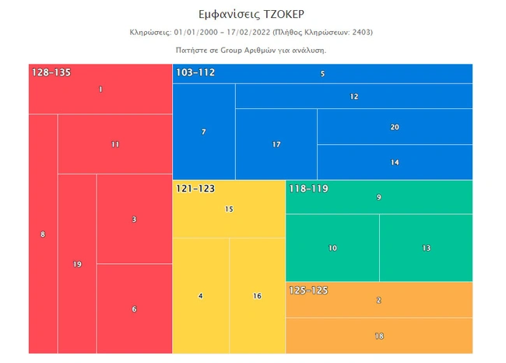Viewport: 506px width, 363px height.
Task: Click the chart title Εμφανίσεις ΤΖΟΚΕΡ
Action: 252,14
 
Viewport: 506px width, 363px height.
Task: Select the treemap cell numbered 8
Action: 43,234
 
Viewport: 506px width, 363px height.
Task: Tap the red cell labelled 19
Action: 77,264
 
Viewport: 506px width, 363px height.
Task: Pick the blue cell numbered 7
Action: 203,132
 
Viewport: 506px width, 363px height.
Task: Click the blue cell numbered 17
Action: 276,144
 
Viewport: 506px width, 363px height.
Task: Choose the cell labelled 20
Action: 395,127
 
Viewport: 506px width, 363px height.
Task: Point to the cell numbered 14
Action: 395,162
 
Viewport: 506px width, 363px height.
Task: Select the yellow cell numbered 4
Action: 200,296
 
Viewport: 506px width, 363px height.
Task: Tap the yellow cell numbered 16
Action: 257,296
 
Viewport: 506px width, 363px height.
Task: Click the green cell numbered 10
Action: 332,248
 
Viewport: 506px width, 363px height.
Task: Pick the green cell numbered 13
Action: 426,248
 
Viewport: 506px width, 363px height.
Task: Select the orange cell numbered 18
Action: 379,336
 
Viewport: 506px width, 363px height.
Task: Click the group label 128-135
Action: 51,72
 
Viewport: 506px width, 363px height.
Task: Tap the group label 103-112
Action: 195,72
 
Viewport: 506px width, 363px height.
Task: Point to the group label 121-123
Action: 195,189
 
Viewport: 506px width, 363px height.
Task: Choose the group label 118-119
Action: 309,189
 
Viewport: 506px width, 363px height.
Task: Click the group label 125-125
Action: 309,291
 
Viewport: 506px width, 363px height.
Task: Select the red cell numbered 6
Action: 134,308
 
